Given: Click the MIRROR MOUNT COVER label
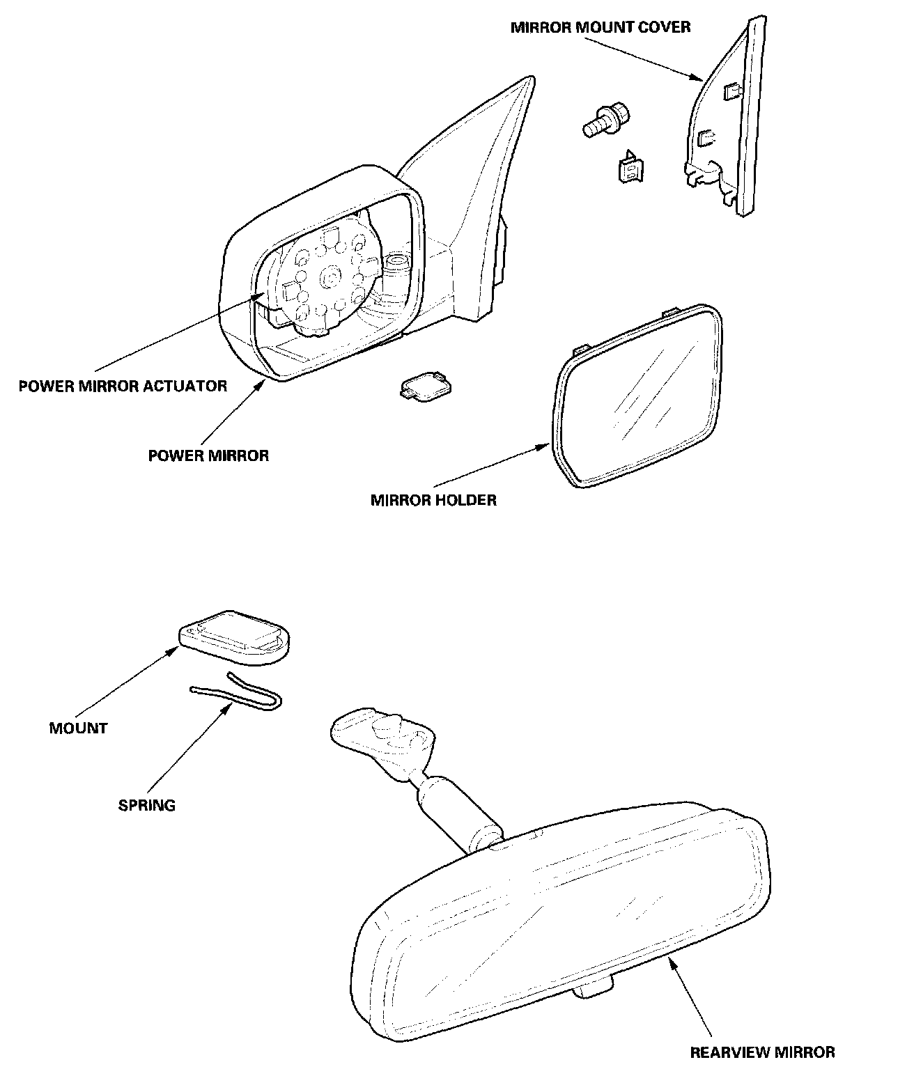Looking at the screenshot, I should click(601, 28).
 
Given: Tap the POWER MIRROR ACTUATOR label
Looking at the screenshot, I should click(123, 386).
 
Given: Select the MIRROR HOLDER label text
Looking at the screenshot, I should click(433, 500).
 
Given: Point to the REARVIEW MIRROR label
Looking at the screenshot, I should click(762, 1052).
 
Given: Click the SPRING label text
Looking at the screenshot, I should click(146, 806).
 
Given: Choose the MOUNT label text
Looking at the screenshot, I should click(78, 728).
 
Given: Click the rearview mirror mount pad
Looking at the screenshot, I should click(235, 636).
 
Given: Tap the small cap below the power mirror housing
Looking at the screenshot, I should click(424, 386).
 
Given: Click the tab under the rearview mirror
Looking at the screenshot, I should click(595, 988).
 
